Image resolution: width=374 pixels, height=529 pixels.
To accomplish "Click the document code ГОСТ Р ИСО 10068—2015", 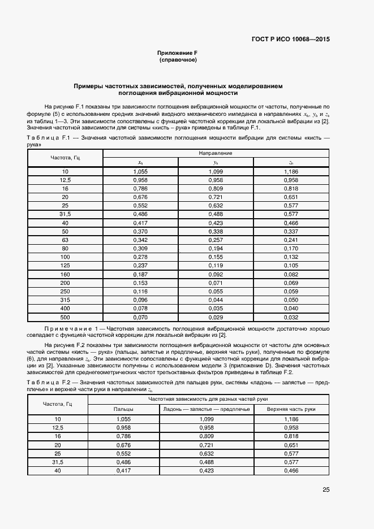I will [291, 40].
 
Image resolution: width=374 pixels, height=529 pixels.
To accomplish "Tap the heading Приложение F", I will [177, 53].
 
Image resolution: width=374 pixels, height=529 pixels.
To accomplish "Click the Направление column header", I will [216, 153].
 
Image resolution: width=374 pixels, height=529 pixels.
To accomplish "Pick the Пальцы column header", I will [124, 409].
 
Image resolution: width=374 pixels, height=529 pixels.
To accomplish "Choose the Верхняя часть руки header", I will [291, 409].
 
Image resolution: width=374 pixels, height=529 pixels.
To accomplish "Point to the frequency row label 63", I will [65, 241].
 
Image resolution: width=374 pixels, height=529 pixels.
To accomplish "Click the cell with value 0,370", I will [140, 232].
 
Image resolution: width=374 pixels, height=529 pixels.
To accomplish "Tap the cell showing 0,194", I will [216, 249].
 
